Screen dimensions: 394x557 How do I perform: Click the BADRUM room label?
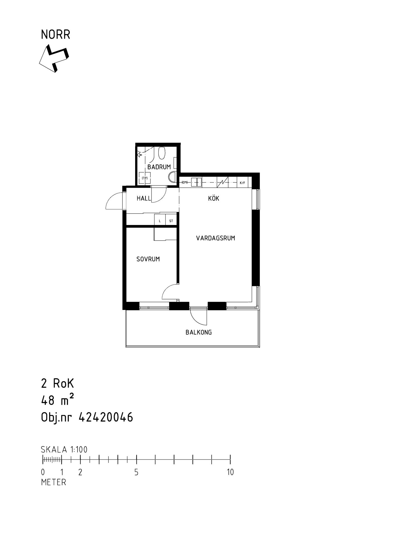(x=159, y=167)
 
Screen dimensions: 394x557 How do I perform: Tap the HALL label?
(x=144, y=198)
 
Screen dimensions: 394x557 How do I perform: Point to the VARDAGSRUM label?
(x=215, y=238)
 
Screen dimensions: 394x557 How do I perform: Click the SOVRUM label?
(x=148, y=259)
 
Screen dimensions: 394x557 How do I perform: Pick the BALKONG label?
(x=199, y=332)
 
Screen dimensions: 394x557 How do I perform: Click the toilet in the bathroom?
(x=162, y=153)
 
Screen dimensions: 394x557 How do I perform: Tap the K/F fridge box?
(x=242, y=183)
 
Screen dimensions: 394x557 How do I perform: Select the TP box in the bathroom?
(x=145, y=178)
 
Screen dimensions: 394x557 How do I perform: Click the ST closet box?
(x=171, y=221)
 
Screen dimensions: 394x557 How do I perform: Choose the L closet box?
(x=160, y=221)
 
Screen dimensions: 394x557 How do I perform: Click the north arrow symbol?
(x=54, y=58)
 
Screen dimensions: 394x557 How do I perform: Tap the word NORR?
(x=55, y=35)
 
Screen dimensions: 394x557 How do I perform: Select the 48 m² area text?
(x=57, y=400)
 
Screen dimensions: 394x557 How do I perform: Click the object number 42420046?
(x=106, y=417)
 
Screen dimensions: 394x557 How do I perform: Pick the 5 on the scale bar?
(x=136, y=472)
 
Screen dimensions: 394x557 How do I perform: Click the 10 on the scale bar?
(x=230, y=472)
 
